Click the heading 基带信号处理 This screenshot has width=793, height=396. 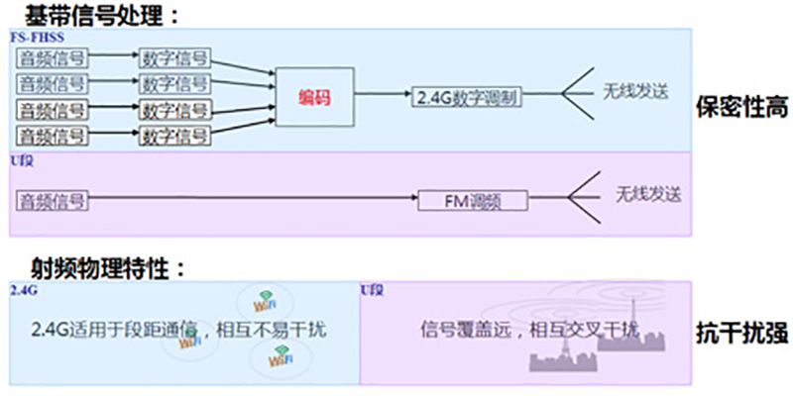click(x=94, y=14)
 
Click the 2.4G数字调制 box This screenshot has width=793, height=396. click(x=464, y=97)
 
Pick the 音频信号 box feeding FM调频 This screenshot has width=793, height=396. click(x=53, y=200)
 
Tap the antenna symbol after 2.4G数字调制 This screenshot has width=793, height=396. click(x=573, y=94)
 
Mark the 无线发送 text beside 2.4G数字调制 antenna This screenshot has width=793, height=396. click(x=635, y=90)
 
